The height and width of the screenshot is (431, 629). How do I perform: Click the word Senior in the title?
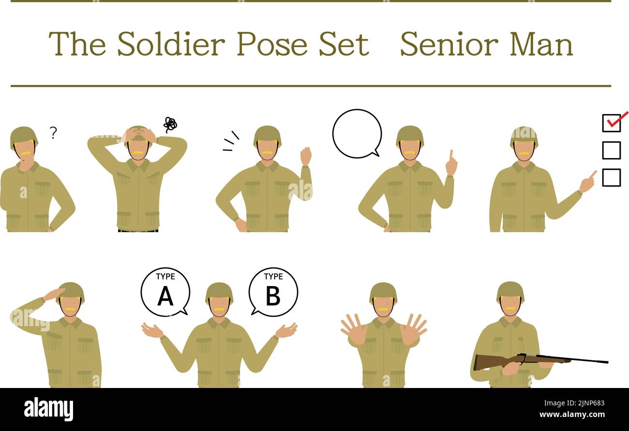click(x=449, y=44)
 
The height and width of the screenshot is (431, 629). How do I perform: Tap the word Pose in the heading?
click(x=271, y=44)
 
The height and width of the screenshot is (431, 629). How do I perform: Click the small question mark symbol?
click(x=53, y=132)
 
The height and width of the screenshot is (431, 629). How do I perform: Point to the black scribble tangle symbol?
click(x=170, y=125)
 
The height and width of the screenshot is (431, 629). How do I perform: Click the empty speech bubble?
click(x=357, y=133)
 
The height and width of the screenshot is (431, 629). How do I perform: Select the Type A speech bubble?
click(x=165, y=291)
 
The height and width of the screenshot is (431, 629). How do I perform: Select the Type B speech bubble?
click(x=273, y=291)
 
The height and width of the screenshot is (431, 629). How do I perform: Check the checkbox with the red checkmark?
click(x=611, y=123)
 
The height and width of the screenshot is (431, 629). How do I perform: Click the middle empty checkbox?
click(x=611, y=150)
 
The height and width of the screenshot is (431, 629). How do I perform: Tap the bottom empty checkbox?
click(x=611, y=177)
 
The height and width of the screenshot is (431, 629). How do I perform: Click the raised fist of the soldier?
click(x=305, y=156)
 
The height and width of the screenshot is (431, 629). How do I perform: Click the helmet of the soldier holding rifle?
click(x=510, y=291)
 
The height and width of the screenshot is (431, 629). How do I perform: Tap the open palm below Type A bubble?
click(x=152, y=330)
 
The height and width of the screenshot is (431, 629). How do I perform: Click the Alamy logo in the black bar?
click(x=49, y=409)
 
